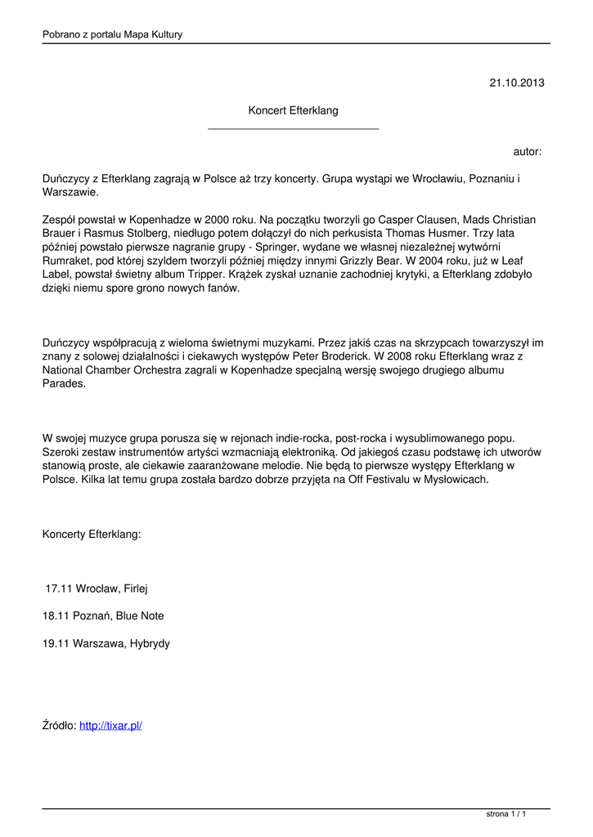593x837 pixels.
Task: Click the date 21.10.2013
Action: [516, 83]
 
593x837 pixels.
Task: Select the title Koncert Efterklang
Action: [293, 110]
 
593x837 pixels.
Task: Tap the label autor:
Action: [527, 152]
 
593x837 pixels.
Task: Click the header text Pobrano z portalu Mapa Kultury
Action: [112, 34]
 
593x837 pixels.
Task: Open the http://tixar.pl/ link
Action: [110, 725]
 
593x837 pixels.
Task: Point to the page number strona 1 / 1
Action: [505, 814]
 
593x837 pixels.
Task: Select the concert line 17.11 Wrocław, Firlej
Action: [97, 588]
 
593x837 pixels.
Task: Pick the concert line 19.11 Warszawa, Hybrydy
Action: [106, 643]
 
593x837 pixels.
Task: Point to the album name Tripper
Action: [208, 275]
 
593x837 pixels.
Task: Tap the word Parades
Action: [63, 384]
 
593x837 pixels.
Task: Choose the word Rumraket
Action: [67, 261]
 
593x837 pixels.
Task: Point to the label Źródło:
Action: [59, 725]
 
